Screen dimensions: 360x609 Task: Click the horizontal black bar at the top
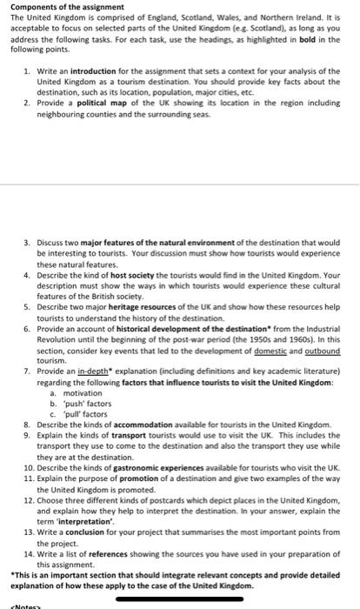(x=180, y=3)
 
